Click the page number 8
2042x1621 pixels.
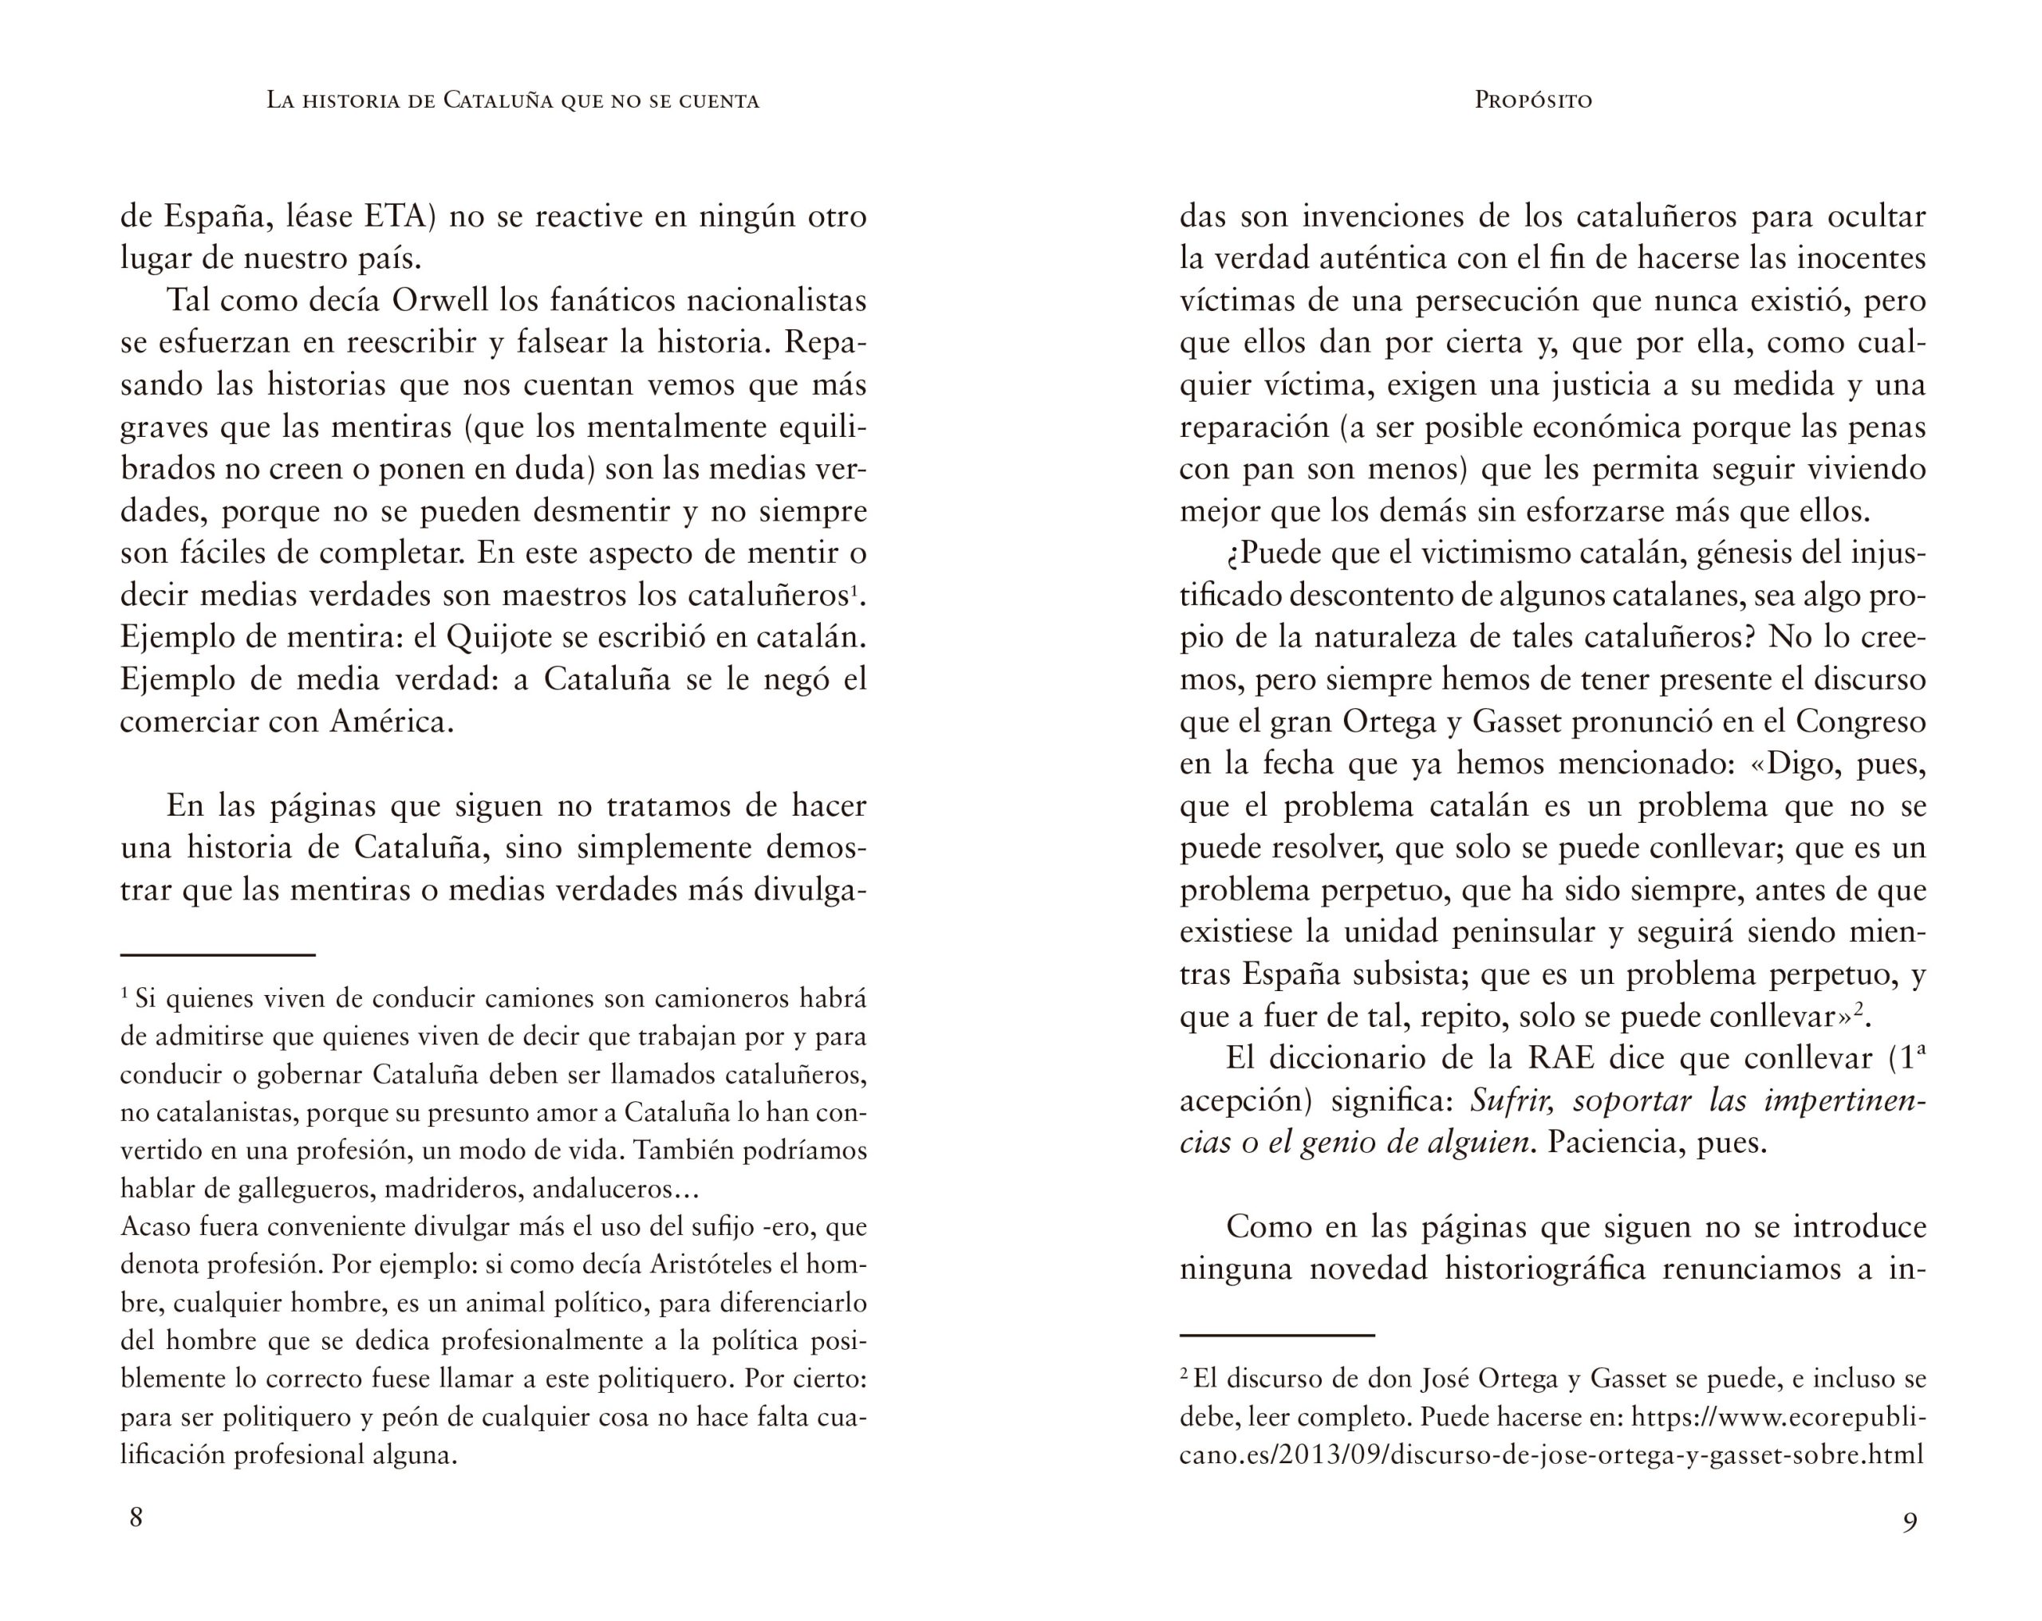pos(136,1518)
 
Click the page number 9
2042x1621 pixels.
pos(1910,1523)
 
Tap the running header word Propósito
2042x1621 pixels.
pos(1533,100)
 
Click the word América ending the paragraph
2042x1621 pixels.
pos(391,722)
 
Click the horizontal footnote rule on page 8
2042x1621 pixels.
pos(218,955)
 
